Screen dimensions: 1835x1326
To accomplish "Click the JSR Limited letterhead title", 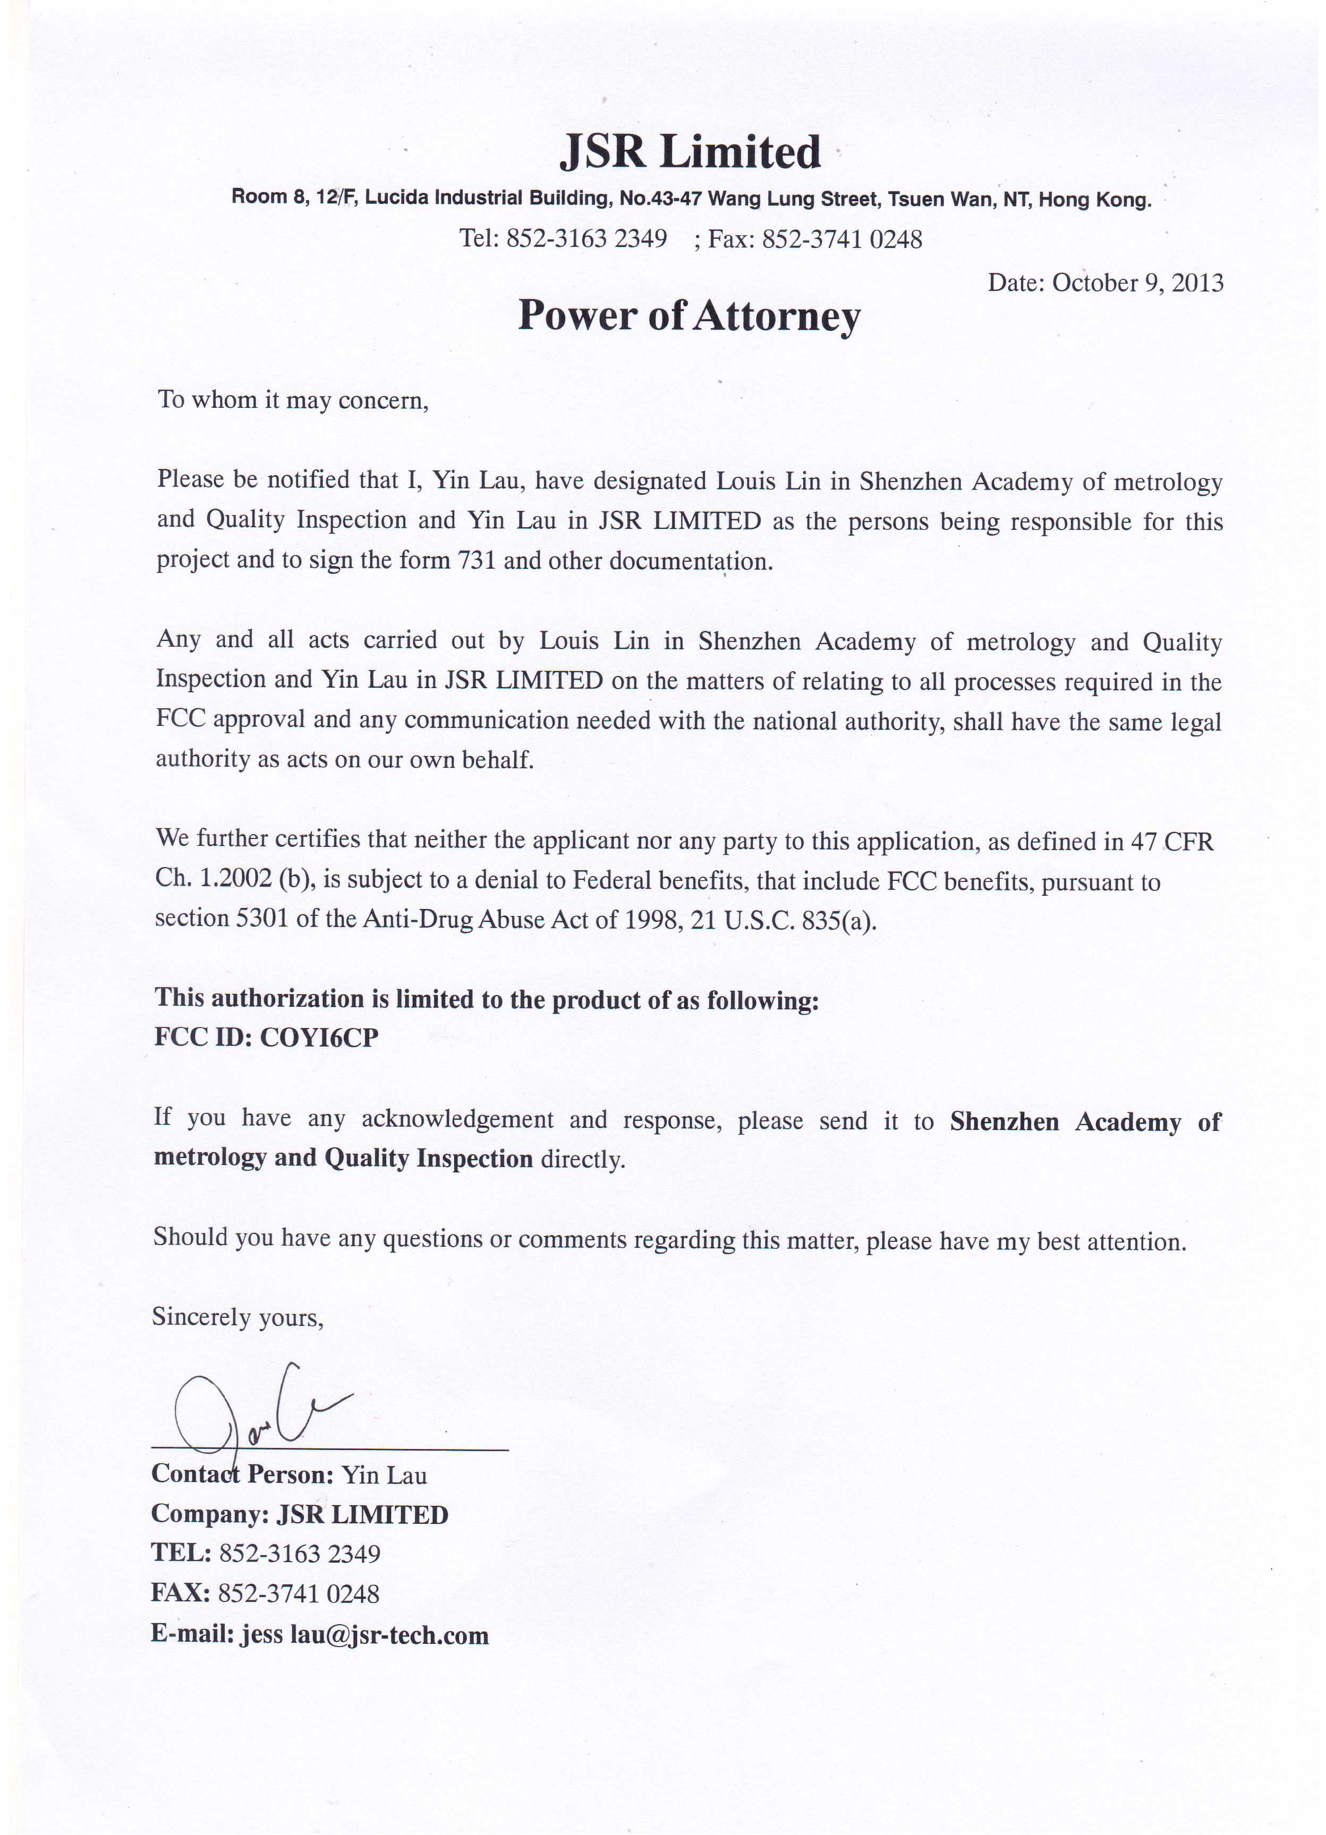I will (x=690, y=152).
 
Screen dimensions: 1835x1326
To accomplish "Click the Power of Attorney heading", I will (x=689, y=315).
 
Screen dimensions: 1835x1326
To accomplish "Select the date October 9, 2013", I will (x=1137, y=283).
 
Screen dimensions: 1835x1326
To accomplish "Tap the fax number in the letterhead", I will (x=842, y=239).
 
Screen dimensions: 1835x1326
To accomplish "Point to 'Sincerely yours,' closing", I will (x=238, y=1317).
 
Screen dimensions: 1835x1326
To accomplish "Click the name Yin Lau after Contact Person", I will (x=384, y=1475).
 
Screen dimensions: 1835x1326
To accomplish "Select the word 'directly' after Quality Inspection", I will (x=583, y=1160).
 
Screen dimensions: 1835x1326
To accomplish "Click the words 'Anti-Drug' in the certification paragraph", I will (x=417, y=920).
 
